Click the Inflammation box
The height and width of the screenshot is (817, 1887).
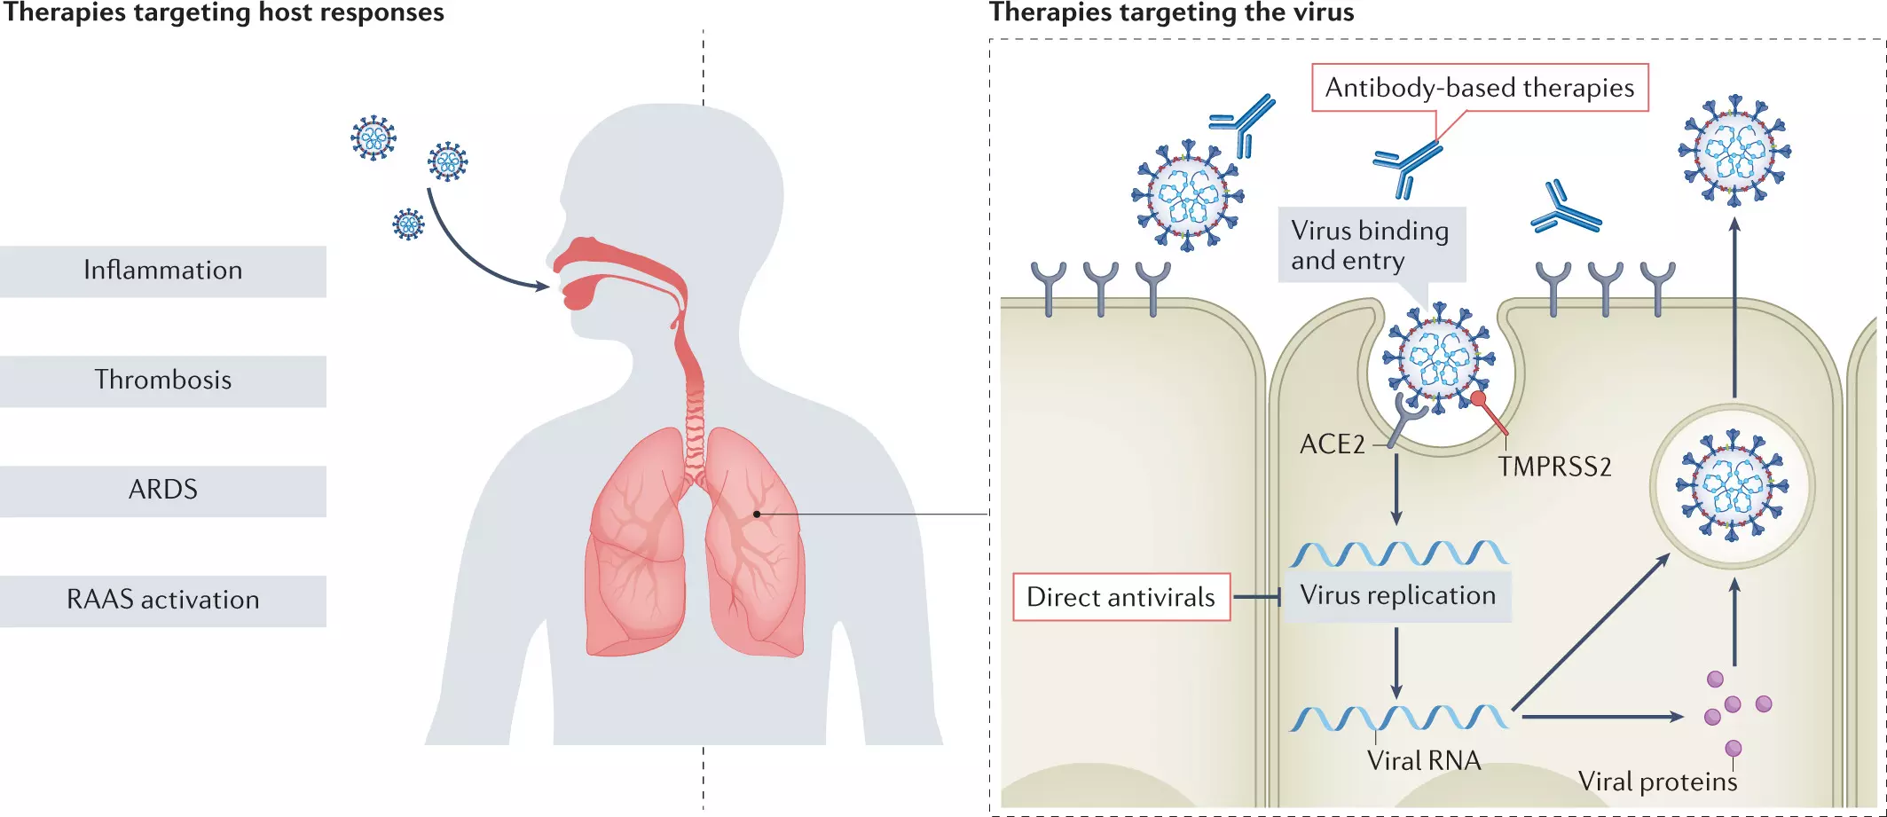tap(163, 271)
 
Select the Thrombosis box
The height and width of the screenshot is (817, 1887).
tap(163, 381)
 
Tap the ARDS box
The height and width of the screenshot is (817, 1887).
tap(163, 491)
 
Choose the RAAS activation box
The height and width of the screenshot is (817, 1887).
tap(163, 601)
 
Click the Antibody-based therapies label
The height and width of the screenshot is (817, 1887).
tap(1479, 88)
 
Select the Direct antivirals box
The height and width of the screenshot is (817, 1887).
tap(1120, 597)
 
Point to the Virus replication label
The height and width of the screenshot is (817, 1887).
tap(1397, 595)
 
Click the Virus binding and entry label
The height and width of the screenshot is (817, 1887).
tap(1370, 245)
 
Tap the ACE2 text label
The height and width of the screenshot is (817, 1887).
tap(1332, 444)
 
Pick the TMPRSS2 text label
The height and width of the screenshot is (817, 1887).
tap(1554, 467)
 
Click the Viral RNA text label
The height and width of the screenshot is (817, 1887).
tap(1423, 760)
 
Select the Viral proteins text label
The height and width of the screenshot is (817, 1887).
tap(1657, 782)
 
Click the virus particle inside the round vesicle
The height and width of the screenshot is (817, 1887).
tap(1732, 486)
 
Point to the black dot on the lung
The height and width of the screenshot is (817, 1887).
tap(757, 514)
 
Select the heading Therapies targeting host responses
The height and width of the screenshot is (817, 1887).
tap(223, 12)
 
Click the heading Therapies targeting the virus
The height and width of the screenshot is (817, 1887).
tap(1171, 12)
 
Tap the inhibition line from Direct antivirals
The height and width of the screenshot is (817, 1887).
tap(1256, 597)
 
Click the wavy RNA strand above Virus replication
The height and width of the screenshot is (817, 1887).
tap(1398, 554)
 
